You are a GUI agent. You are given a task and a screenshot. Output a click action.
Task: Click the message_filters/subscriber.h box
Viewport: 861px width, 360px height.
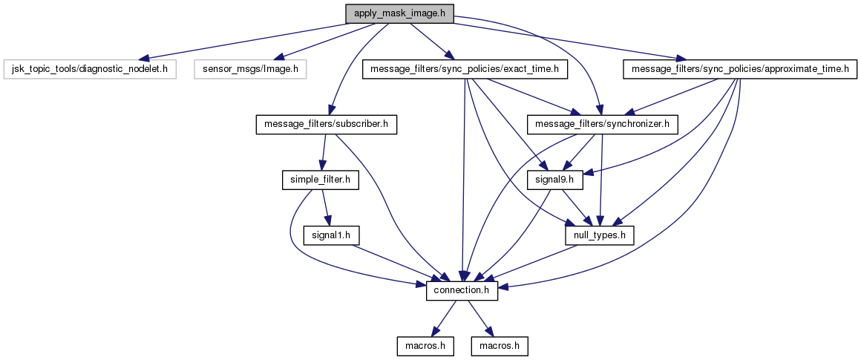pyautogui.click(x=326, y=125)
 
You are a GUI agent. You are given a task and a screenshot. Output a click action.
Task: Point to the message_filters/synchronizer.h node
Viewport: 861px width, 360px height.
pyautogui.click(x=602, y=125)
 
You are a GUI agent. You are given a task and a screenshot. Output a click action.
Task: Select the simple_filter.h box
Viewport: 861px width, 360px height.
pyautogui.click(x=321, y=180)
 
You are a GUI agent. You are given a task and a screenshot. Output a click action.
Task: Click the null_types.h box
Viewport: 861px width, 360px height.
pyautogui.click(x=600, y=235)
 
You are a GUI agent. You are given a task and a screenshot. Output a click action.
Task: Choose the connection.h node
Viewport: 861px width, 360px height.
pyautogui.click(x=462, y=290)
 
